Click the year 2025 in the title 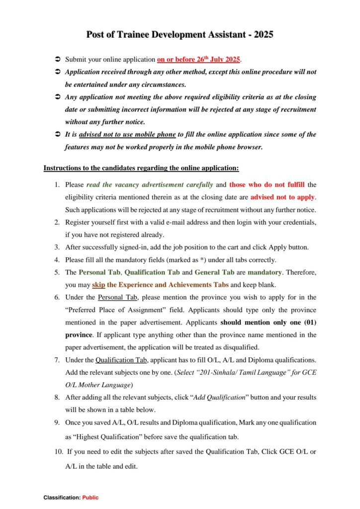tap(263, 35)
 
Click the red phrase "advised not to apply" tap(282, 197)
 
